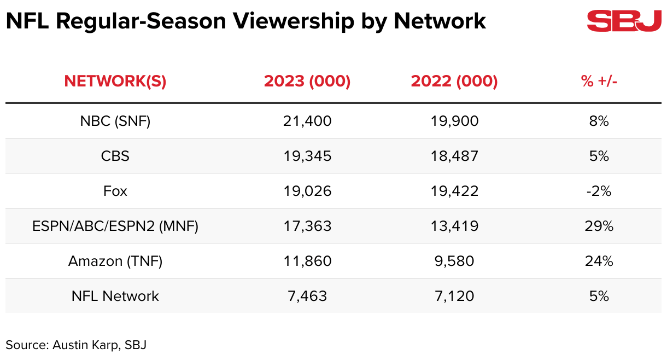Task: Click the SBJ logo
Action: point(624,21)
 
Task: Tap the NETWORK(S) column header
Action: point(115,82)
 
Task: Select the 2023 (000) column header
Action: point(307,82)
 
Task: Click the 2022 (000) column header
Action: point(454,82)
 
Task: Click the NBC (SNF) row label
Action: point(115,121)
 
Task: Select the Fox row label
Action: point(115,191)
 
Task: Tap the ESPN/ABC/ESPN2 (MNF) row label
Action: point(115,226)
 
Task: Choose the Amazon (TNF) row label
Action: point(115,261)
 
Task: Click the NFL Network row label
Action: point(115,296)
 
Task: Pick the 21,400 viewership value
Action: point(307,121)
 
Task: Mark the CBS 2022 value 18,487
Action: point(454,156)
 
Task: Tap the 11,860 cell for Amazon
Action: point(307,261)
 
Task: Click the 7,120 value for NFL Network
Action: point(454,296)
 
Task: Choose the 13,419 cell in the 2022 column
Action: point(454,226)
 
